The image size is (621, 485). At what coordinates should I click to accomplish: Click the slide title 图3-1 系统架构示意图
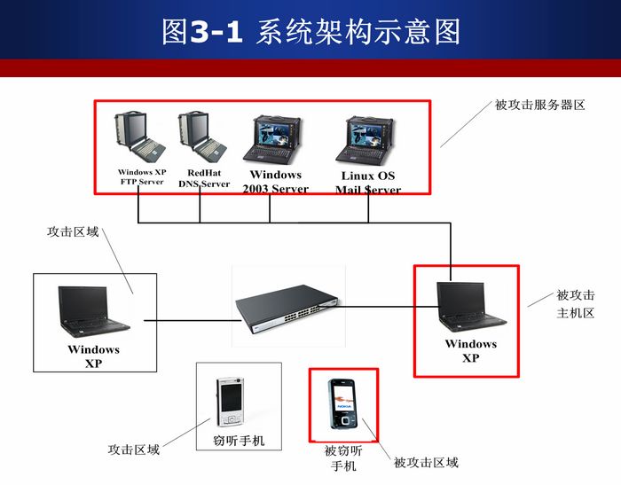pos(310,32)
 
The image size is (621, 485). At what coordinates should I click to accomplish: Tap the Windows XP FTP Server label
pos(142,177)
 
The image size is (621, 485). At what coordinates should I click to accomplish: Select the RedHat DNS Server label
pos(204,178)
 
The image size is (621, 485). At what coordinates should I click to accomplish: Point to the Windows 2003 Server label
pos(276,182)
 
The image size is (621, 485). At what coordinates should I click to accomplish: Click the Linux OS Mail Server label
pos(368,183)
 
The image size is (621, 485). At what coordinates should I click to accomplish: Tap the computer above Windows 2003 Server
pos(272,139)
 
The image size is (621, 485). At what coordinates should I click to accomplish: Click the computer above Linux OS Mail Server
pos(366,140)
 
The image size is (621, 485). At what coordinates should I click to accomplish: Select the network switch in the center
pos(287,309)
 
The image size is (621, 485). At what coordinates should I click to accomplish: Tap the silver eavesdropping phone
pos(230,402)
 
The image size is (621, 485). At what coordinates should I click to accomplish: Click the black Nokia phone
pos(343,404)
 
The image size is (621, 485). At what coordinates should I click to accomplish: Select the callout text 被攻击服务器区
pos(539,105)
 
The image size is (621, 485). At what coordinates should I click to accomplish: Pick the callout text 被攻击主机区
pos(576,304)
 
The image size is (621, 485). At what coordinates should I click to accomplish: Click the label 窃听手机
pos(239,441)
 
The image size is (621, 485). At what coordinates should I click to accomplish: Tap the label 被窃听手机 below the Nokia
pos(343,458)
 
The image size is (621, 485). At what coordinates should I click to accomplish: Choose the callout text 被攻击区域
pos(426,463)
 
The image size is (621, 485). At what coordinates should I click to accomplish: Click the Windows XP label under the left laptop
pos(93,356)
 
